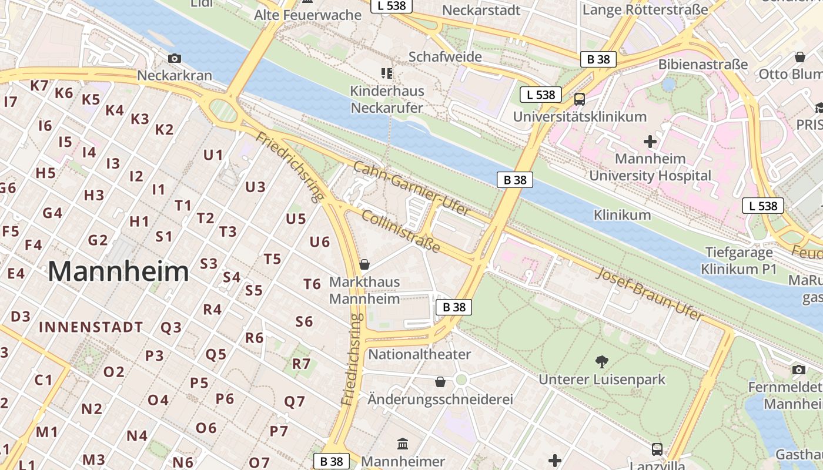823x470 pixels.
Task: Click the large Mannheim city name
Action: tap(118, 271)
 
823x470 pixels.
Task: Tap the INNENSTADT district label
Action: tap(91, 327)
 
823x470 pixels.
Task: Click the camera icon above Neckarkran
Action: tap(175, 58)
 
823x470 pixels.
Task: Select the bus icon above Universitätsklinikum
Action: tap(580, 99)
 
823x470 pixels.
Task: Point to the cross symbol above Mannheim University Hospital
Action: tap(650, 142)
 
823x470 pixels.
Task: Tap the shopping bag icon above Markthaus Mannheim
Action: tap(364, 264)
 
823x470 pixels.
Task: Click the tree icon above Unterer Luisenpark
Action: tap(601, 361)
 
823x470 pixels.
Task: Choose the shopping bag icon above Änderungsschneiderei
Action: tap(440, 382)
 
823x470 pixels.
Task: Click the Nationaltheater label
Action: tap(419, 354)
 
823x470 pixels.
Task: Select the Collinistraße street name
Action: tap(400, 231)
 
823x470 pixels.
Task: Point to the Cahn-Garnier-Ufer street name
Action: tap(411, 189)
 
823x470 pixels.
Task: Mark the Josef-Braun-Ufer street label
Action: tap(650, 294)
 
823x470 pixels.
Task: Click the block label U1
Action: tap(213, 155)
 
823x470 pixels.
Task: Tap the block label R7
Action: tap(301, 364)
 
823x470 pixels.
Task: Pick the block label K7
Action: tap(39, 85)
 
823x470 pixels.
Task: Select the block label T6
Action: tap(312, 284)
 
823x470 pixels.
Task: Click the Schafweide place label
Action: tap(445, 57)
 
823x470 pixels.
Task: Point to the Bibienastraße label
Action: tap(703, 64)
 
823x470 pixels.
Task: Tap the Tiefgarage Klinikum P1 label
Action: tap(738, 261)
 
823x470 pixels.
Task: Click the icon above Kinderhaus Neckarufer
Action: tap(387, 73)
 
